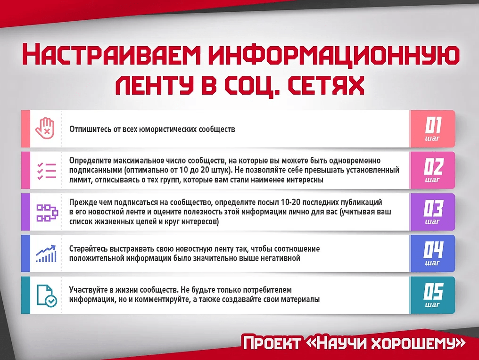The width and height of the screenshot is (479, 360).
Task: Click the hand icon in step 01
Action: click(x=45, y=129)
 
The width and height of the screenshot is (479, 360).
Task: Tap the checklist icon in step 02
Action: click(x=46, y=171)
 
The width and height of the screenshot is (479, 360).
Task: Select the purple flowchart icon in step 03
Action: click(x=47, y=213)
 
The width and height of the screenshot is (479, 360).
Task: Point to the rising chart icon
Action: click(x=46, y=254)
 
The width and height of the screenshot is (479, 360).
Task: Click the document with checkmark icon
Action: click(x=46, y=295)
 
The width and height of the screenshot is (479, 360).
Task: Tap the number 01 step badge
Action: click(x=433, y=129)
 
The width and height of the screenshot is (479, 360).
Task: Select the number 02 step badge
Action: click(x=433, y=171)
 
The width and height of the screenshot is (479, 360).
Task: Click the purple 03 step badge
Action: click(x=433, y=212)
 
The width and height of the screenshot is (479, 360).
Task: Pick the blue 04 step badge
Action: click(x=433, y=254)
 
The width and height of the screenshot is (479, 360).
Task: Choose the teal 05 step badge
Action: click(x=433, y=295)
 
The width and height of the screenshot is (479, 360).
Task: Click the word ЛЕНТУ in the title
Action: click(x=155, y=85)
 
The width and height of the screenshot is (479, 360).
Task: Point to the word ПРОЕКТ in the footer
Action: click(x=272, y=343)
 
